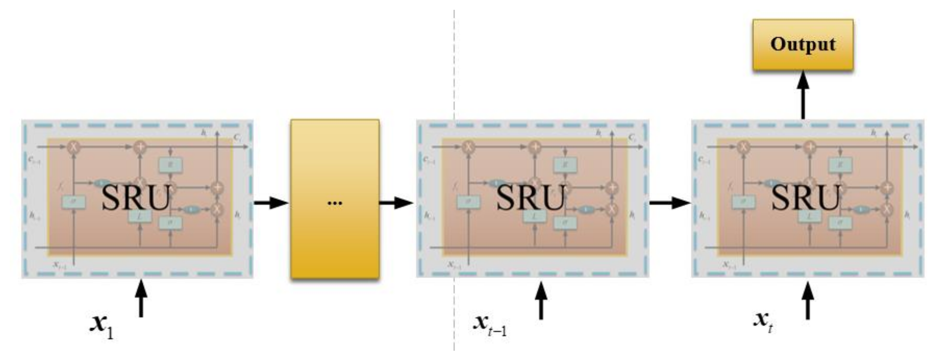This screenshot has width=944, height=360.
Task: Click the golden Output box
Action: [803, 44]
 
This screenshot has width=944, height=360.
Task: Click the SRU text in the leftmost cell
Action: [136, 198]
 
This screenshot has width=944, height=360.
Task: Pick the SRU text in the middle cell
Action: [530, 198]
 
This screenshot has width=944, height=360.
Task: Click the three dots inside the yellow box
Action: [335, 203]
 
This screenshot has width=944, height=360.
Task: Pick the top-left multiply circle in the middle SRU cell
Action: [468, 147]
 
